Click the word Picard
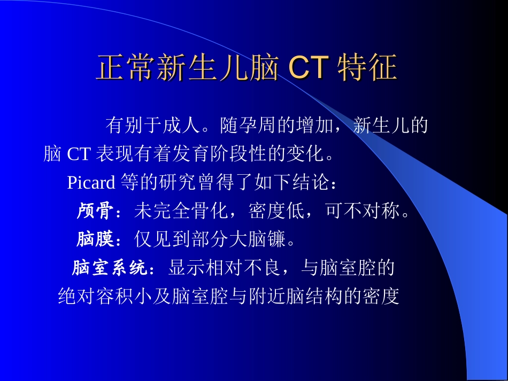[x=91, y=183]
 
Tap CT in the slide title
[x=307, y=68]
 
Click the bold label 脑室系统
[x=110, y=268]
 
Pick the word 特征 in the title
[x=367, y=68]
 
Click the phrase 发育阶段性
[x=240, y=154]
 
